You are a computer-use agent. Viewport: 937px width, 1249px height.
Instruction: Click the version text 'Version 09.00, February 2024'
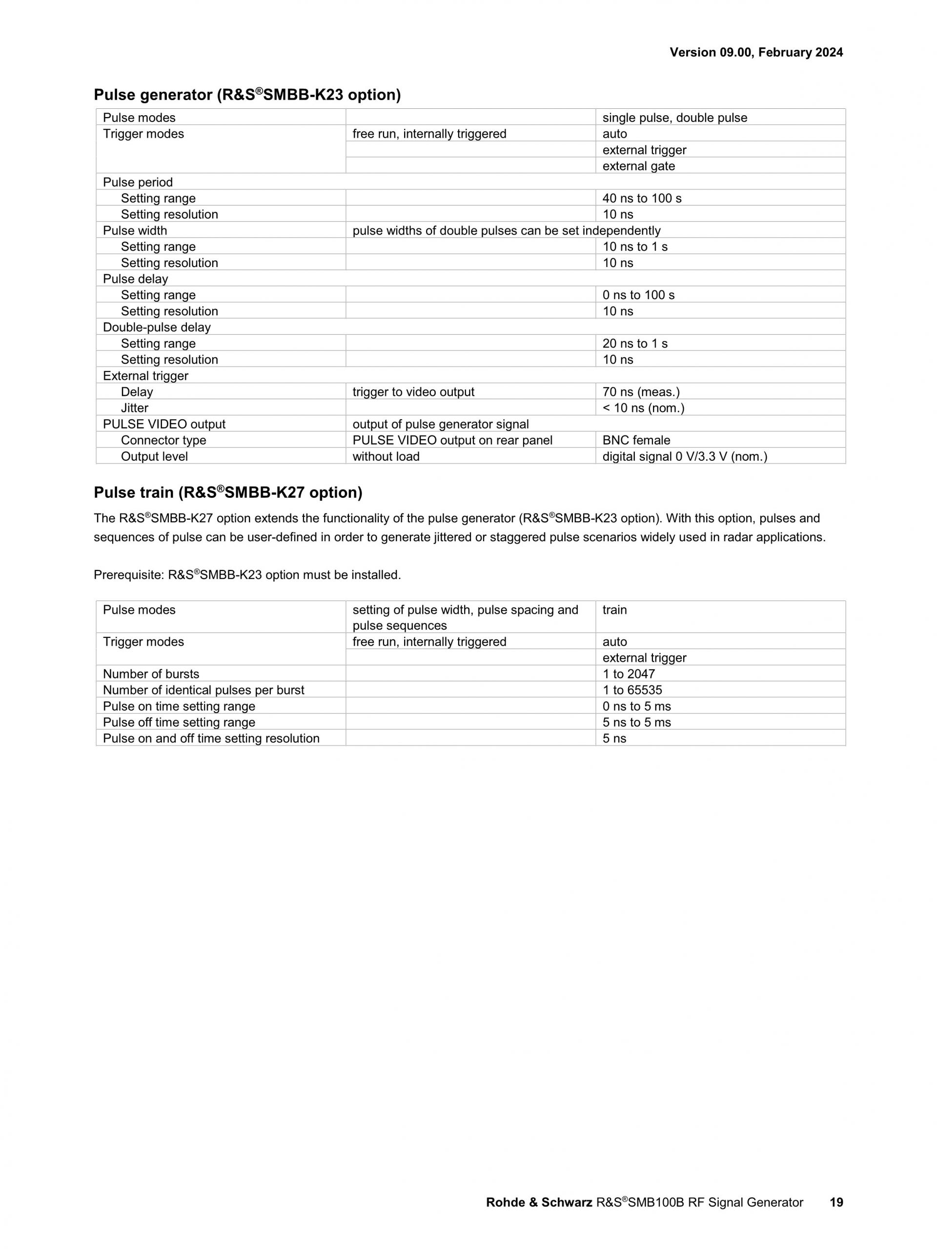coord(756,53)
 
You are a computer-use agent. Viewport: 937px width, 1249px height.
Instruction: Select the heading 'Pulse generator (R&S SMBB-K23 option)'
coord(247,95)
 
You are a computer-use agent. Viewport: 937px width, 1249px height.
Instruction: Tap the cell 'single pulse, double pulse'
coord(674,118)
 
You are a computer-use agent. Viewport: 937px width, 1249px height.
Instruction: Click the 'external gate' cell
coord(638,166)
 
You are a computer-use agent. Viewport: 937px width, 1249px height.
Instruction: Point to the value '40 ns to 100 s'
coord(642,198)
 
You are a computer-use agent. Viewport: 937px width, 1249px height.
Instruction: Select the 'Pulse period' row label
coord(138,183)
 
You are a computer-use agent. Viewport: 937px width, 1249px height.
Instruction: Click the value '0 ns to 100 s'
coord(638,295)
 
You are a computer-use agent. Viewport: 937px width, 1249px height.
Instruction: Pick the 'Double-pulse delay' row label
coord(156,328)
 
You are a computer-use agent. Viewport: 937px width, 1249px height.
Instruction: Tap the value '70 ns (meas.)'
coord(641,392)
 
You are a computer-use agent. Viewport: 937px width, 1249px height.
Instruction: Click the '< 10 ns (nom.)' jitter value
coord(643,408)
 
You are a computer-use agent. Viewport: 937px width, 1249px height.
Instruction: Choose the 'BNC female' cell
coord(636,440)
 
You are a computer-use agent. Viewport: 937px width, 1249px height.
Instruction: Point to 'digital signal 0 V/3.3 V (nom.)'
coord(685,456)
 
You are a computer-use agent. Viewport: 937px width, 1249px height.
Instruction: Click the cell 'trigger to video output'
coord(413,392)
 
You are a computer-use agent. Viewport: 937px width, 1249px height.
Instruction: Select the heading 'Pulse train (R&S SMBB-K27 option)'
coord(228,493)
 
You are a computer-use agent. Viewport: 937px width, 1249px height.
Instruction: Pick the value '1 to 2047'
coord(628,674)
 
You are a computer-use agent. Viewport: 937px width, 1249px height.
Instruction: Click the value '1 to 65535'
coord(632,690)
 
